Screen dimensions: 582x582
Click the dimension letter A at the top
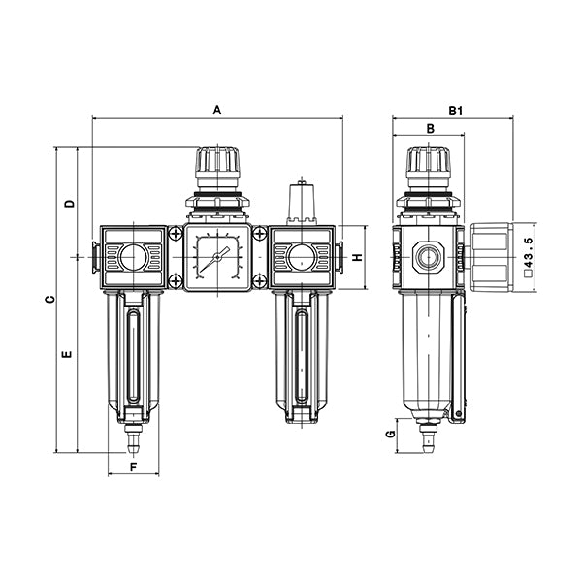click(x=217, y=112)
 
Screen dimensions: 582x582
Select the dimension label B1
click(x=455, y=112)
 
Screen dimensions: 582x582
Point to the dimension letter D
click(x=69, y=204)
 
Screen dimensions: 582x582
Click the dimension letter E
click(x=68, y=355)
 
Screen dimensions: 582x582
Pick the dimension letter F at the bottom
click(x=134, y=468)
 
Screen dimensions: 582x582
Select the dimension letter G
click(x=390, y=435)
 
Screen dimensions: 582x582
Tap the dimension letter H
click(x=357, y=258)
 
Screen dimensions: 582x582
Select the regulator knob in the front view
click(x=217, y=167)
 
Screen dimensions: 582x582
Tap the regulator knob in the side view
click(x=428, y=167)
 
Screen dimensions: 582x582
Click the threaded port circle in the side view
click(x=428, y=257)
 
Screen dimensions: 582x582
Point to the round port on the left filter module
click(x=134, y=257)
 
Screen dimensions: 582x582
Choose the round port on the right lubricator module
click(x=301, y=257)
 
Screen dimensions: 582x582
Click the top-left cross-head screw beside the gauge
click(x=176, y=234)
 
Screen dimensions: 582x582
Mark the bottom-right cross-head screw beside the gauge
click(x=259, y=281)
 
